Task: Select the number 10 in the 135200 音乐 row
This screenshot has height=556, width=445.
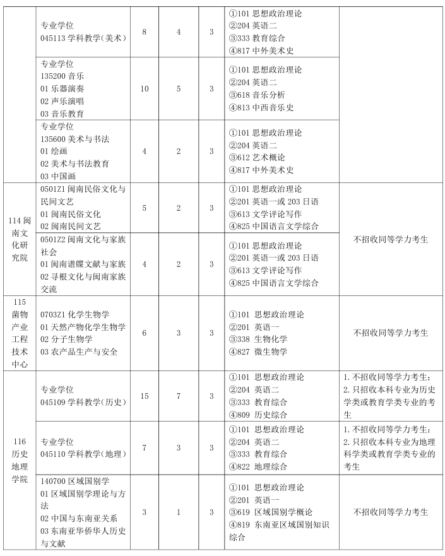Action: [x=145, y=88]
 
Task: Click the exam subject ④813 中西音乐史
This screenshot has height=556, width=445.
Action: [x=263, y=107]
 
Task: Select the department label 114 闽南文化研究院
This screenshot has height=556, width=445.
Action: [x=18, y=239]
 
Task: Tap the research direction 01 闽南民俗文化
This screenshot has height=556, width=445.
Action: [x=71, y=213]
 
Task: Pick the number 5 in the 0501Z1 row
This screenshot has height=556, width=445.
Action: [x=145, y=208]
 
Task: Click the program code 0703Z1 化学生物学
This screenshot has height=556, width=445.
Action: [x=75, y=314]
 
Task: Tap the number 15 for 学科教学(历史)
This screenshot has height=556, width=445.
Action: [x=145, y=396]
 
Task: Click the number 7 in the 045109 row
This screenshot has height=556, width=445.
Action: [x=179, y=396]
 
